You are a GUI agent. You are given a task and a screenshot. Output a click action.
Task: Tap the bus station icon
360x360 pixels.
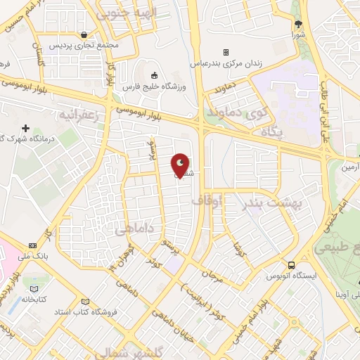pyautogui.click(x=291, y=265)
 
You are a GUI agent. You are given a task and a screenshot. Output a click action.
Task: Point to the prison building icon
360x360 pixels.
pyautogui.click(x=226, y=52)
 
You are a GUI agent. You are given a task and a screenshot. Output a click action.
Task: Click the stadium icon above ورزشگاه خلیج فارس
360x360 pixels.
pyautogui.click(x=154, y=75)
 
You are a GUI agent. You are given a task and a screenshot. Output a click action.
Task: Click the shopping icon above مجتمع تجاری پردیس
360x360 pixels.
pyautogui.click(x=84, y=34)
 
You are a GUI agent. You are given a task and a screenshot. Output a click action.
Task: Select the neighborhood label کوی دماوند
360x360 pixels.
pyautogui.click(x=236, y=112)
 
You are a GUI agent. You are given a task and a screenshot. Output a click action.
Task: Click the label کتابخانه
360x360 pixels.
pyautogui.click(x=34, y=298)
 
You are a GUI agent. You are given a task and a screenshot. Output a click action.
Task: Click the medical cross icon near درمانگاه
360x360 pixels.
pyautogui.click(x=26, y=129)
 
